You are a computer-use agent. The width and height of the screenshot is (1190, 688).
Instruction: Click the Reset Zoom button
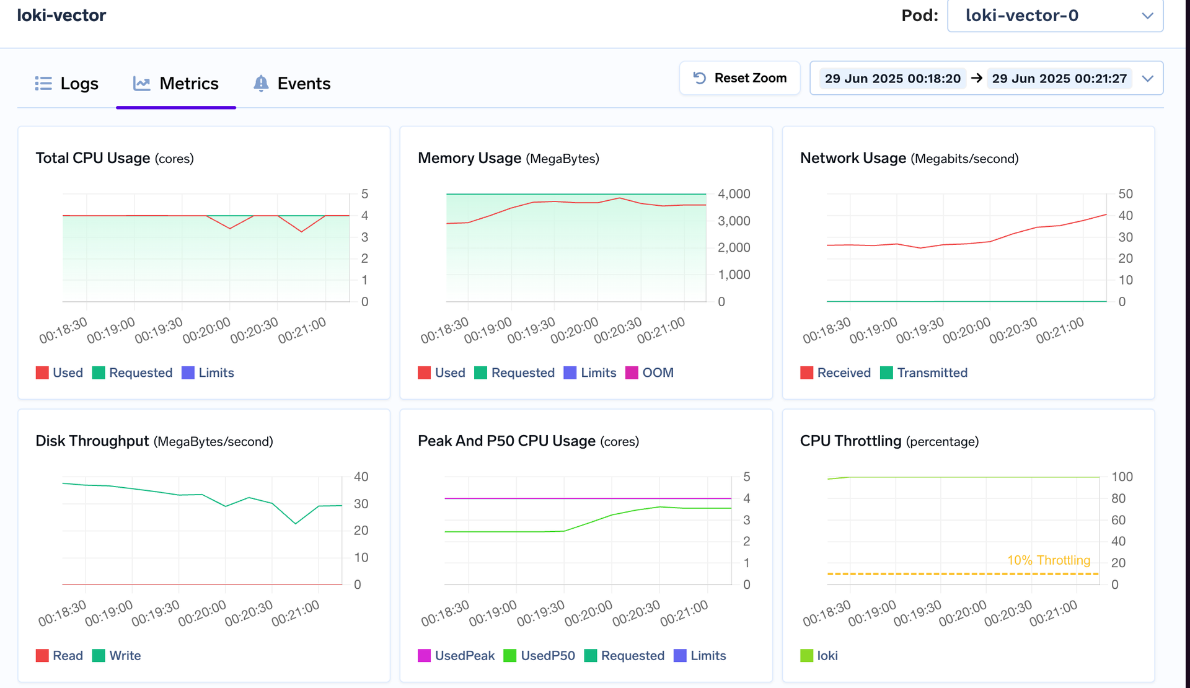click(739, 78)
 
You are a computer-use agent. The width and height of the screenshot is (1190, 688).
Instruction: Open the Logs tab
click(67, 84)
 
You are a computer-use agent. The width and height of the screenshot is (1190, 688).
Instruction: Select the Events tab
click(292, 84)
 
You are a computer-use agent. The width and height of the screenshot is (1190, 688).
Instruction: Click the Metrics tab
click(176, 84)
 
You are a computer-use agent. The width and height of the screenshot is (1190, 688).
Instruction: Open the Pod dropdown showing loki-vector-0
click(1055, 15)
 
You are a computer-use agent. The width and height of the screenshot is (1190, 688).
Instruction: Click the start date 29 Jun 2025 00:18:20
click(892, 79)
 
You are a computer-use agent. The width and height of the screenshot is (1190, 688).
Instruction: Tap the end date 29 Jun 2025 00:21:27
click(1059, 79)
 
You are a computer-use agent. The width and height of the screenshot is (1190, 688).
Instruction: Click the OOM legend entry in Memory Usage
click(650, 373)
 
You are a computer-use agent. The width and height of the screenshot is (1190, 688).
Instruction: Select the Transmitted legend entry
click(924, 373)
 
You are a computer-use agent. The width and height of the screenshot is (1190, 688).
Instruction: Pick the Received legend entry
click(835, 373)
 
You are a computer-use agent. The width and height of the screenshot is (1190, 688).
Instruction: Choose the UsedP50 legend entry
click(539, 656)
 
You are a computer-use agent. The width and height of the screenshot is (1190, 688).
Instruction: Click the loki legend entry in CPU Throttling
click(819, 656)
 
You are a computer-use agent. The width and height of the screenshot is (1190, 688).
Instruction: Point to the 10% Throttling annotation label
click(1049, 560)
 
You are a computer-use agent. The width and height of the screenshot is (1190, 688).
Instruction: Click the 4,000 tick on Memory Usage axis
click(734, 194)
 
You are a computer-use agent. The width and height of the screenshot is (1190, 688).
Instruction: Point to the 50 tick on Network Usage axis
click(1126, 194)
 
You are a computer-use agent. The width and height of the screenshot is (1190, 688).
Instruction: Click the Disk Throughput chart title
click(92, 441)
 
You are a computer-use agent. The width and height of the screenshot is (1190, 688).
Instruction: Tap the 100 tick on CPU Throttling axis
click(1122, 477)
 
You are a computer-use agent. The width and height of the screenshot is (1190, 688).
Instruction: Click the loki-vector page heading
click(61, 15)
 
